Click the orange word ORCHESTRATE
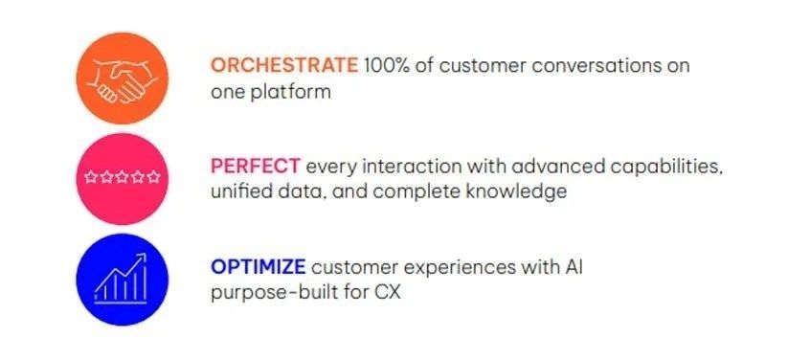coord(284,65)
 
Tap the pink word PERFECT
coord(256,166)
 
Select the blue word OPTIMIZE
coord(258,266)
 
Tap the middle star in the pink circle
coord(123,177)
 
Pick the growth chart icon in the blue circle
coord(121,278)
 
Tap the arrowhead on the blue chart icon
coord(142,257)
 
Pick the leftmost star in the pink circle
coord(90,177)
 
